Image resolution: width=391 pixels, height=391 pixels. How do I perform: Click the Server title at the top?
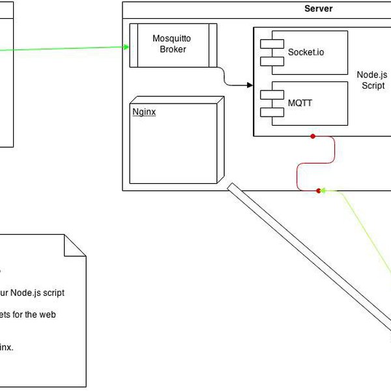[319, 8]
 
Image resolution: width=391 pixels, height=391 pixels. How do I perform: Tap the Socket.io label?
[306, 51]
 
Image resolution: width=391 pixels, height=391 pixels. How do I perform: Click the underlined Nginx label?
[144, 111]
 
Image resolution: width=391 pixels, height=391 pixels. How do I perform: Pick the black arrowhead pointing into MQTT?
[250, 85]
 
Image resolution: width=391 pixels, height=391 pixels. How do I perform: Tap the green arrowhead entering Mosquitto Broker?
[125, 46]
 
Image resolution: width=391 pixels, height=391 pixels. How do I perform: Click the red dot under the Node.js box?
[313, 136]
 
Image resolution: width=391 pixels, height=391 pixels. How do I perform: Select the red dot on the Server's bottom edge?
[319, 191]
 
